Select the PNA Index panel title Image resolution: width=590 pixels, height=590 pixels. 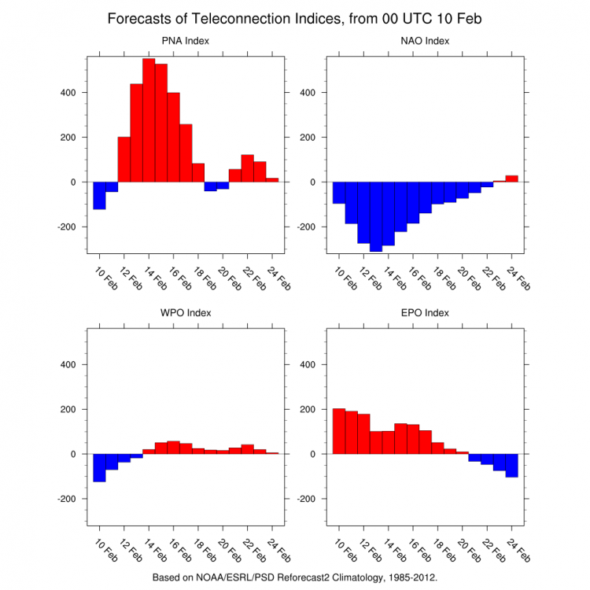(186, 41)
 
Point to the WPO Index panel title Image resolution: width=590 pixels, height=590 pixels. (186, 312)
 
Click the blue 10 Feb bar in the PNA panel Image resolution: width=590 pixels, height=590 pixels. (99, 195)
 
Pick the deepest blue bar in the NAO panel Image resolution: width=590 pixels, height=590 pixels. (376, 216)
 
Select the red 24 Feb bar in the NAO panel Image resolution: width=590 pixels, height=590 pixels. (511, 179)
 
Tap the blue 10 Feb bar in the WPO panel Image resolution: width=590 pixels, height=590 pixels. (99, 467)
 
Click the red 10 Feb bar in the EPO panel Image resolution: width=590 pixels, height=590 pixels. (339, 431)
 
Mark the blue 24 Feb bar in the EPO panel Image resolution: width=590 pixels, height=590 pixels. (511, 465)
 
